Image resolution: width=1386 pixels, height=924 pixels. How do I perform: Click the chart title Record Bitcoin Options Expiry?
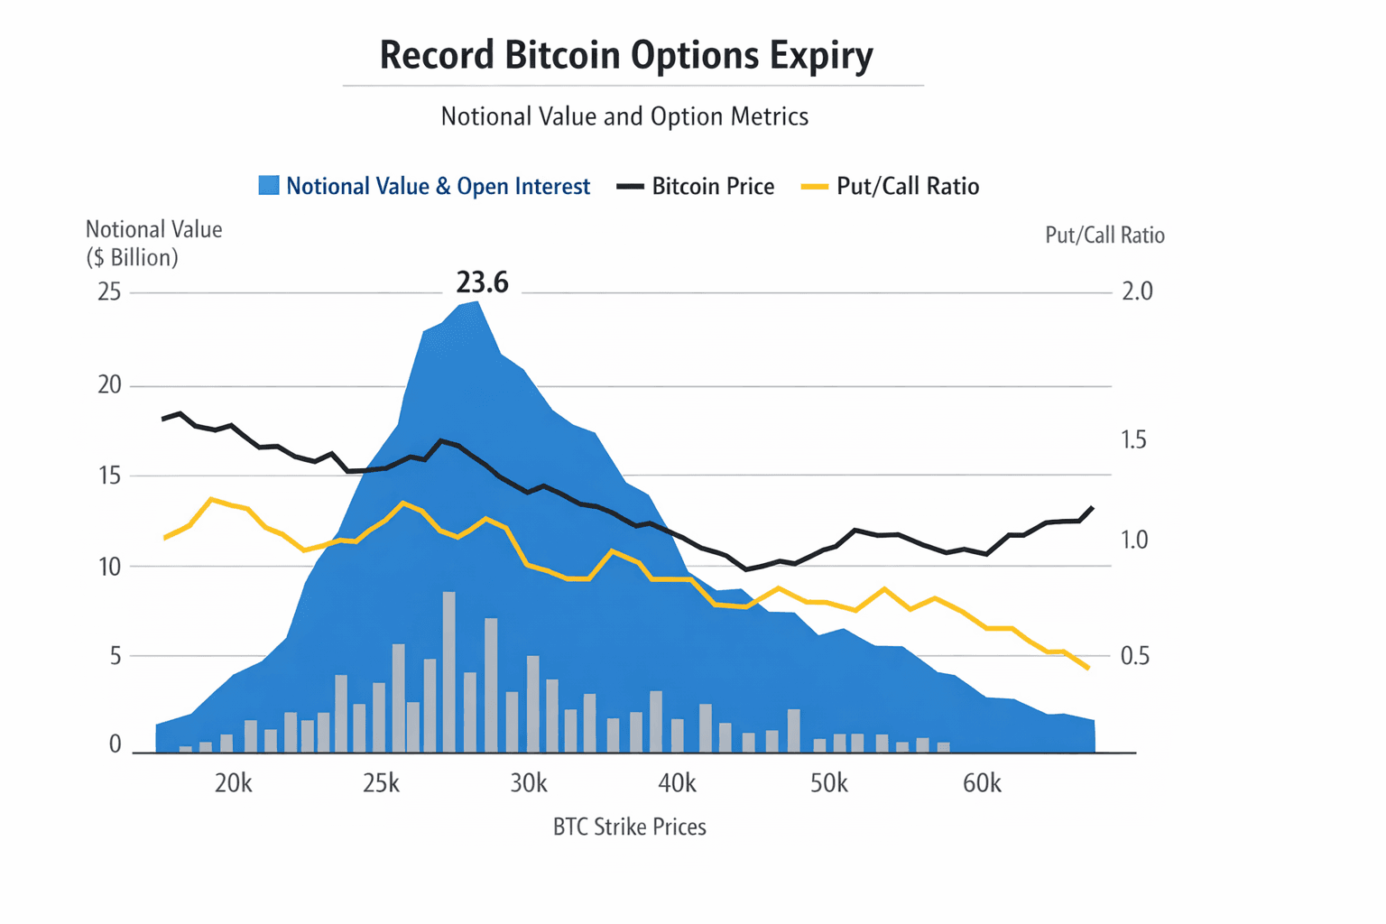pos(625,55)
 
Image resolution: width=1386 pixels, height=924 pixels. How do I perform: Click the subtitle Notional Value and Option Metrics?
pos(624,116)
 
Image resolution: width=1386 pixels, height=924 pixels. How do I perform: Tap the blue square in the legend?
pos(268,186)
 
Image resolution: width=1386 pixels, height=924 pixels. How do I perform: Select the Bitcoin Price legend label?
pos(713,187)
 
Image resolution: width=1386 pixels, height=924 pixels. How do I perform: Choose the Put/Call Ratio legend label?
pos(907,187)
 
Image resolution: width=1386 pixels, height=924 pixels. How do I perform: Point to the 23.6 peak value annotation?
pos(482,283)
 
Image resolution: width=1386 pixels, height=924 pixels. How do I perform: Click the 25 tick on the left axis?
pos(109,292)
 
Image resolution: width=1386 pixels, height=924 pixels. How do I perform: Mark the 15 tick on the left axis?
pos(109,476)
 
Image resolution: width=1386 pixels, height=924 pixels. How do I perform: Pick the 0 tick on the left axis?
pos(115,744)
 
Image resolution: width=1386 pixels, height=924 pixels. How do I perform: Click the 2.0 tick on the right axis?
pos(1137,291)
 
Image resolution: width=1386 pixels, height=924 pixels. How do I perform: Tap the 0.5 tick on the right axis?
pos(1135,656)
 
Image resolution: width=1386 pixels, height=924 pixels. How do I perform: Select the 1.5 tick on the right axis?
pos(1133,439)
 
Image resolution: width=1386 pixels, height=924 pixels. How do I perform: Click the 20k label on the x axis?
pos(233,783)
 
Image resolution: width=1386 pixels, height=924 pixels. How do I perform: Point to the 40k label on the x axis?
pos(677,783)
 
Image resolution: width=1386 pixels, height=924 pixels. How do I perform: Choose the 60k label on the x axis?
pos(982,783)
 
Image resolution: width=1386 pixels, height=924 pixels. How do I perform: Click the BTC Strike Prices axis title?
pos(629,827)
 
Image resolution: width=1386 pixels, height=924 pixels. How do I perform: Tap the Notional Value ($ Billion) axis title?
pos(153,244)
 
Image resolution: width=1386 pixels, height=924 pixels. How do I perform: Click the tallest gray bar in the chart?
pos(448,672)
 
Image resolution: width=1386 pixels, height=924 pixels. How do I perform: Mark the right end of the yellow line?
pos(1088,668)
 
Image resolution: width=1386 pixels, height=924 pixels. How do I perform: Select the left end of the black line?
pos(163,419)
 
